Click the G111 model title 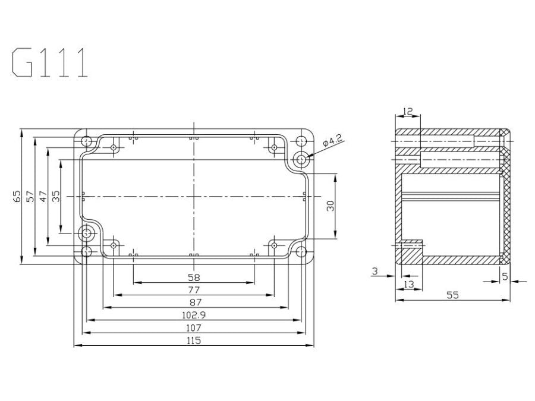(51, 63)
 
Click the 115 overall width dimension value (193, 340)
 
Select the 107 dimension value (193, 327)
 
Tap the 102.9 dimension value (193, 315)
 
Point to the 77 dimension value (193, 290)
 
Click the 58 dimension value (193, 277)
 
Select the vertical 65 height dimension (17, 196)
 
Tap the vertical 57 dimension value (30, 196)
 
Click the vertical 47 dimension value (43, 196)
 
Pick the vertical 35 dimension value (56, 196)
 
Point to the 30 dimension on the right (331, 205)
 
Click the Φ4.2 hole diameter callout (332, 141)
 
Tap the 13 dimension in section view (410, 284)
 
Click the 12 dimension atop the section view (407, 112)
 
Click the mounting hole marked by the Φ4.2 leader (302, 159)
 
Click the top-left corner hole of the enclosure (87, 142)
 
